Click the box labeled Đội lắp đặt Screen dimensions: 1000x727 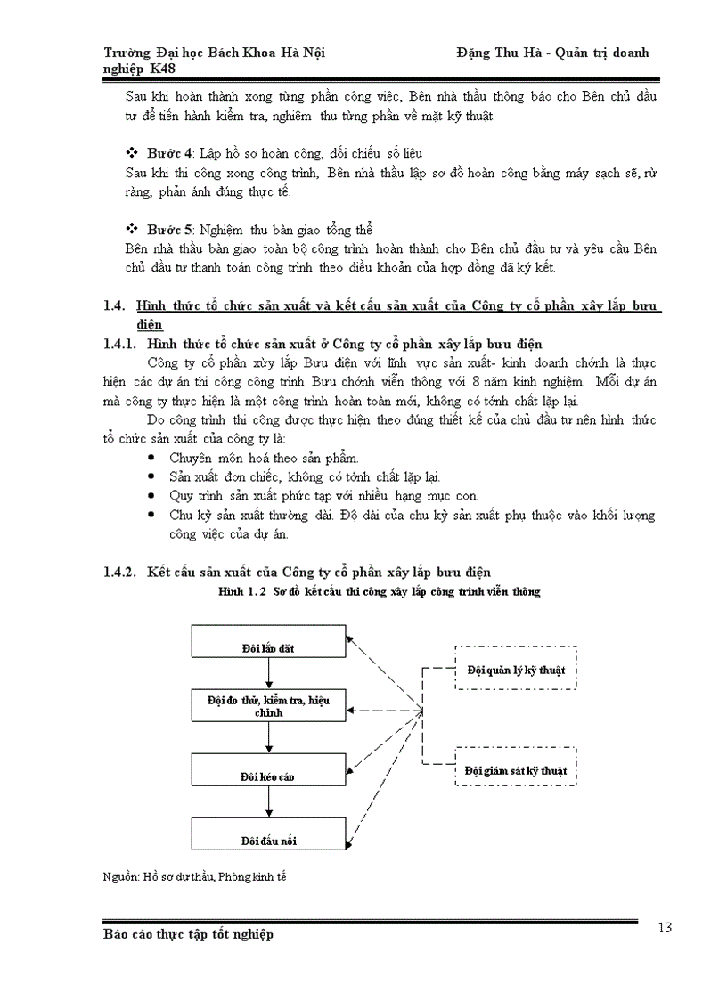[x=267, y=641]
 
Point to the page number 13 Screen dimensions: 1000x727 [x=665, y=928]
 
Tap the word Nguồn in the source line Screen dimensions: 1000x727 [x=119, y=876]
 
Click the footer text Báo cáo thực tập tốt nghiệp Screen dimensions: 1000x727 [x=188, y=934]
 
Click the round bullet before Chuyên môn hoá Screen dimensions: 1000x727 [x=151, y=458]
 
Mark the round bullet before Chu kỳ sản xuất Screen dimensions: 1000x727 [x=151, y=515]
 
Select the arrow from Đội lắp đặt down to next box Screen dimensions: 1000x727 [x=267, y=673]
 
